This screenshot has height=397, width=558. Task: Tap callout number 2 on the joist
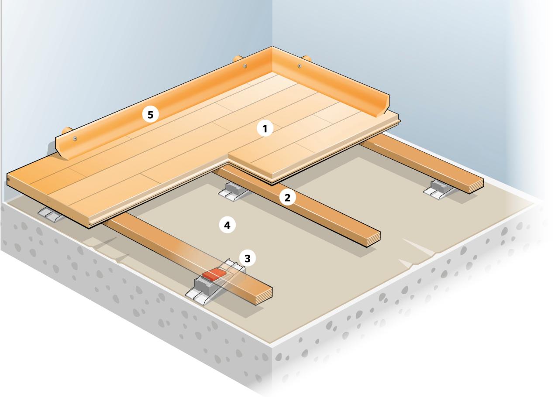coord(287,198)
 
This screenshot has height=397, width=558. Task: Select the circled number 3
coord(248,258)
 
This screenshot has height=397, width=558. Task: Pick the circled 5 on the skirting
coord(150,115)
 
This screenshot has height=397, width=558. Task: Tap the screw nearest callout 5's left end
coord(76,138)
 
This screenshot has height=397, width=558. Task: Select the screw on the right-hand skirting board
coord(300,66)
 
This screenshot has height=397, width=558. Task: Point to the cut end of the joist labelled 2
coord(372,238)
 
